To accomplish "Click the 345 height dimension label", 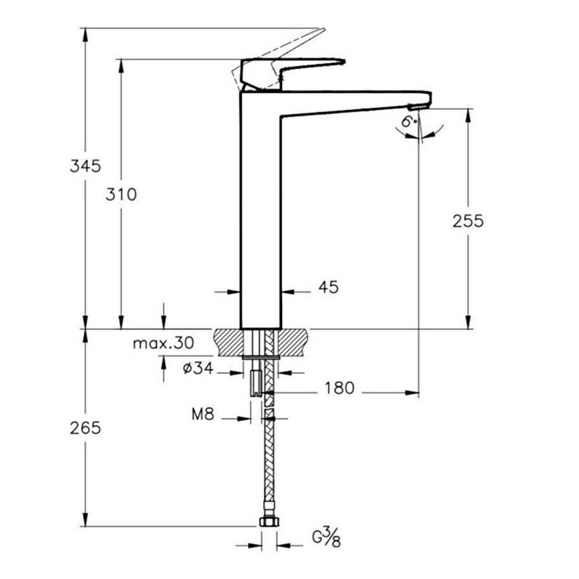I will point(85,166).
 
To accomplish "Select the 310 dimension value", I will point(121,195).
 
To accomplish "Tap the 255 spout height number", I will point(468,221).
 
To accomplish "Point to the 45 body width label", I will point(328,287).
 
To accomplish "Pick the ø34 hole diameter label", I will point(198,368).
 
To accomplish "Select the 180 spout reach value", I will point(339,388).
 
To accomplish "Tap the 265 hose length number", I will point(85,428).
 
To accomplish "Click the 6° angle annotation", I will point(409,122).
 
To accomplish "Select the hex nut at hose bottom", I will point(269,522).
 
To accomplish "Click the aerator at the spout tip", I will point(418,107).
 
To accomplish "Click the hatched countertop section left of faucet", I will point(226,343).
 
